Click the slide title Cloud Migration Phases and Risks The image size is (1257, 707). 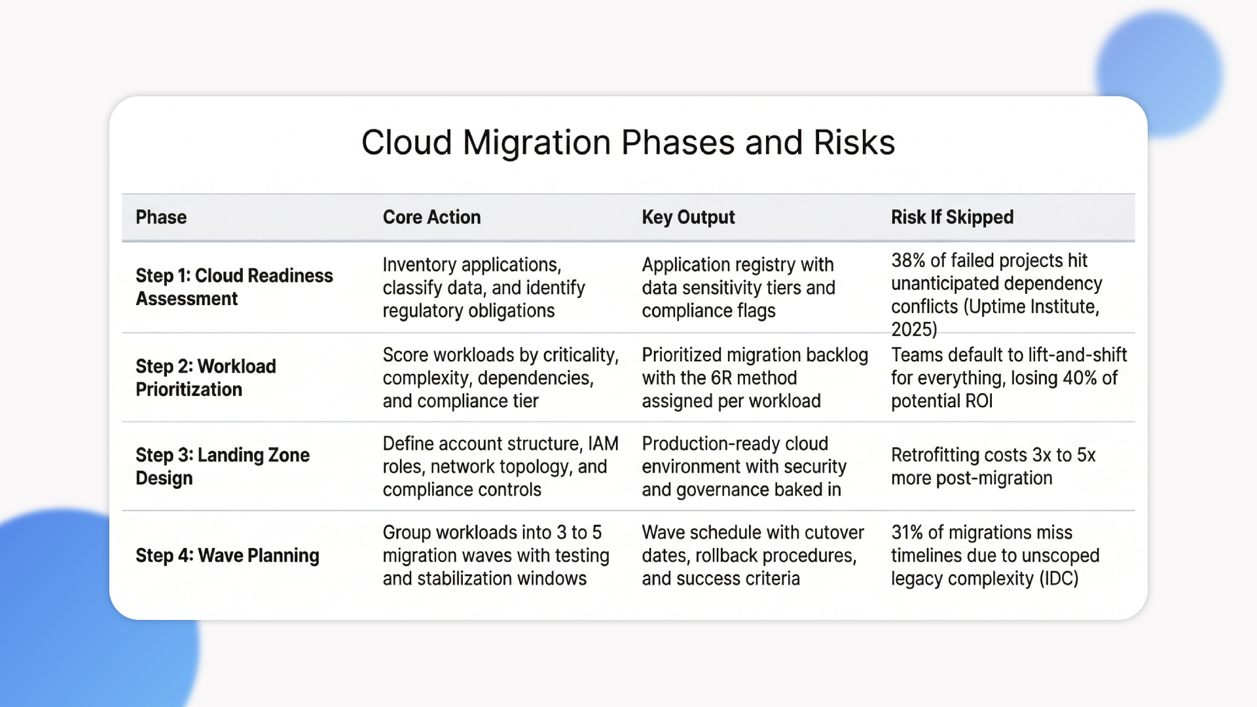(628, 143)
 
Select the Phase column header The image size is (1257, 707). (161, 217)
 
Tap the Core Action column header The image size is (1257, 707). (431, 217)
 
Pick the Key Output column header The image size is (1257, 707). (688, 217)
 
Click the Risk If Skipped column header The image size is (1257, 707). (952, 217)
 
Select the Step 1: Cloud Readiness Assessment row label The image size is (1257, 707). (234, 287)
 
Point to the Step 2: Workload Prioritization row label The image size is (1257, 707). (206, 378)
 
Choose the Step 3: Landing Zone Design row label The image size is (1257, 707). (223, 466)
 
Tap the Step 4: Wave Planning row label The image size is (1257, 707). (227, 556)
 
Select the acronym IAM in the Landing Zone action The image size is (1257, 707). (603, 444)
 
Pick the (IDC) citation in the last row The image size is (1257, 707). (1059, 579)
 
